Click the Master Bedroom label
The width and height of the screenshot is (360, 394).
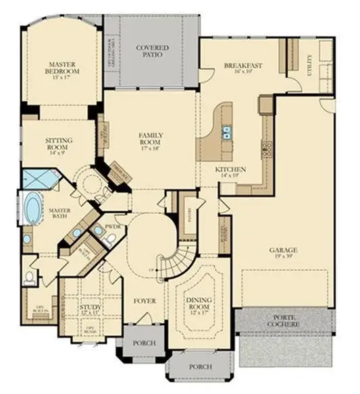coord(62,67)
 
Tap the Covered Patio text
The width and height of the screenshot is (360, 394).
coord(152,51)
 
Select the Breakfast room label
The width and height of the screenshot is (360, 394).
coord(242,67)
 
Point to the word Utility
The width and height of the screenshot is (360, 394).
coord(310,65)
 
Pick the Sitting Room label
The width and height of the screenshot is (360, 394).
coord(59,144)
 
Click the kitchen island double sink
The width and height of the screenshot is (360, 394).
coord(226,131)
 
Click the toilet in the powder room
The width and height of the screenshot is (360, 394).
coord(111,238)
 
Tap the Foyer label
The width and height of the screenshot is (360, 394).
coord(145,300)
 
